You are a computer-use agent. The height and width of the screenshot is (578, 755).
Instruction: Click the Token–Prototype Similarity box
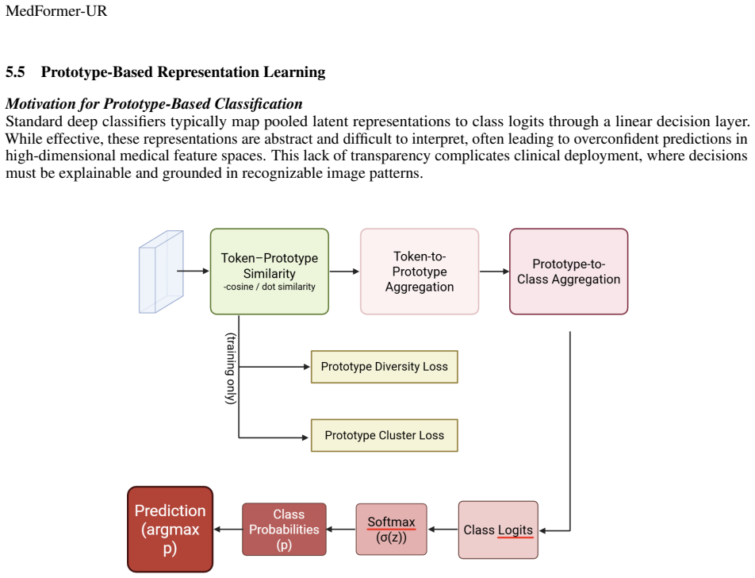click(269, 272)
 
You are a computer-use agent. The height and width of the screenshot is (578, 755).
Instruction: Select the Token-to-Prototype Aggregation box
click(420, 272)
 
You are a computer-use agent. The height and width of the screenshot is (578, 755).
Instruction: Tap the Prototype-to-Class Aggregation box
click(569, 272)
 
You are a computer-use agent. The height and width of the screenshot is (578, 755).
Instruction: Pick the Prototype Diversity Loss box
click(384, 367)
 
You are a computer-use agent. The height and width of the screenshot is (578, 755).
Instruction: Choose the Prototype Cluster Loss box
click(384, 435)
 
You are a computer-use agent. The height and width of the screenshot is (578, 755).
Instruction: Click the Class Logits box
click(498, 530)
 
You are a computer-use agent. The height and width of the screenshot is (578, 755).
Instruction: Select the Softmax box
click(392, 530)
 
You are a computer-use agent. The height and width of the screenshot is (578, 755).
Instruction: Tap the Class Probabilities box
click(284, 530)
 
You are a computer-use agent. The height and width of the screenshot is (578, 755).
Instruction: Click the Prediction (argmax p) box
click(170, 530)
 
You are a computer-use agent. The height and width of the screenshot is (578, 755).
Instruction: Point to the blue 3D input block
click(161, 272)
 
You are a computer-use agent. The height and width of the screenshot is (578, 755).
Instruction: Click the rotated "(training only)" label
click(231, 368)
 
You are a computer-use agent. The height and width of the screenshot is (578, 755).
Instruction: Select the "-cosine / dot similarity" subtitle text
click(269, 287)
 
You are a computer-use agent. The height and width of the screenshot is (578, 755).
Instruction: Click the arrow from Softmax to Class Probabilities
click(341, 530)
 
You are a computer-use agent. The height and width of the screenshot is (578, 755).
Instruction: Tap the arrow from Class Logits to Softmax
click(443, 530)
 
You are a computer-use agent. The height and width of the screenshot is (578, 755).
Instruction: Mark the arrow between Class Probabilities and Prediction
click(228, 530)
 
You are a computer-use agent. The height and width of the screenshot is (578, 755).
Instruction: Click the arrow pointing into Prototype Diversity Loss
click(274, 367)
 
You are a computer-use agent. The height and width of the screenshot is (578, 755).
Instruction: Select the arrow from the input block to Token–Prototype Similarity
click(193, 271)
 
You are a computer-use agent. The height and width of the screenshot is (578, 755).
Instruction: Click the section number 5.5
click(15, 71)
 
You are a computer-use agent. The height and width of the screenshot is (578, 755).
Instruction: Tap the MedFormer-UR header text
click(56, 10)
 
